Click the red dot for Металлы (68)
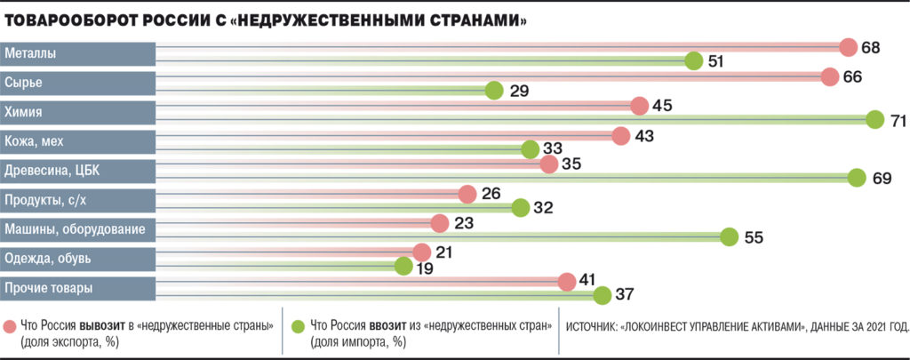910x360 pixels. click(x=848, y=47)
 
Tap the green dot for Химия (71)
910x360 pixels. click(x=874, y=119)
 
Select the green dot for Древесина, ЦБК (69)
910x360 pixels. click(x=857, y=178)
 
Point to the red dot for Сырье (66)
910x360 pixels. click(x=830, y=76)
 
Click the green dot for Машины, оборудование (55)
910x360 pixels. click(x=730, y=236)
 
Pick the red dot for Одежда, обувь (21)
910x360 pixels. click(x=421, y=252)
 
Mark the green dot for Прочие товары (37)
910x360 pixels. click(x=603, y=295)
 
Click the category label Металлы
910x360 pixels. click(x=31, y=53)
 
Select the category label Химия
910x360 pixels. click(x=24, y=112)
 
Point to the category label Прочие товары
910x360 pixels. click(x=49, y=288)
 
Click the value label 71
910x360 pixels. click(x=898, y=120)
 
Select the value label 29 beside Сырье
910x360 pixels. click(x=520, y=92)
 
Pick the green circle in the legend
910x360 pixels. click(x=298, y=324)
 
